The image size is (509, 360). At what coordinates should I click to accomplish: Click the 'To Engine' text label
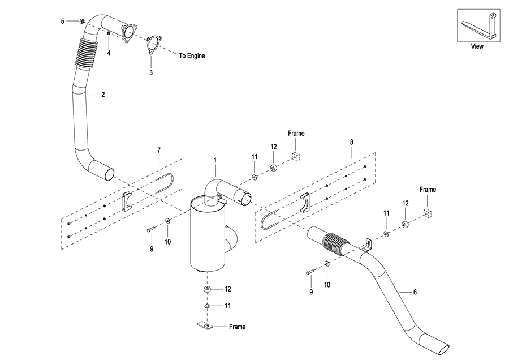[192, 56]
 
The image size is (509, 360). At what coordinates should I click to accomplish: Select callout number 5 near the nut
[63, 21]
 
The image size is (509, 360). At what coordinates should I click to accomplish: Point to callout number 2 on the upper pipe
[103, 95]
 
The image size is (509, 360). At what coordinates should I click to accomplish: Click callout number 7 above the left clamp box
[159, 150]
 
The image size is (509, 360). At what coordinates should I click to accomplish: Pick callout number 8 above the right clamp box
[352, 142]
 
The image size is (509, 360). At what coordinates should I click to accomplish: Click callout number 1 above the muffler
[215, 160]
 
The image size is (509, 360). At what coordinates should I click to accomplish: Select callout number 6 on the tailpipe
[415, 292]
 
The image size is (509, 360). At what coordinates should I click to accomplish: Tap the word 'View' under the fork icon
[477, 46]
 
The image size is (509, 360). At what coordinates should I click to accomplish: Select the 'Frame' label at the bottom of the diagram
[238, 327]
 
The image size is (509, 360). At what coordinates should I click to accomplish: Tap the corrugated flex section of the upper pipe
[85, 53]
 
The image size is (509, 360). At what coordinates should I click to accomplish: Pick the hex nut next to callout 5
[82, 21]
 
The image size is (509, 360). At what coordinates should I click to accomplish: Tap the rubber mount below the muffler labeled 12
[207, 289]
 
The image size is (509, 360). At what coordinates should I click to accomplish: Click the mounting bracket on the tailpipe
[367, 245]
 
